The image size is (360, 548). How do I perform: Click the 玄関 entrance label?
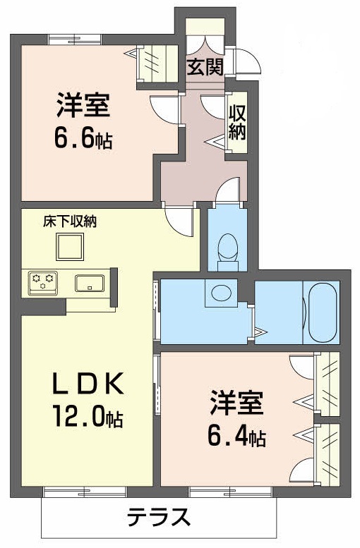[205, 67]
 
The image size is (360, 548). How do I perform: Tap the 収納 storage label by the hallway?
[237, 122]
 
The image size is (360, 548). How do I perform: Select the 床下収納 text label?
[70, 221]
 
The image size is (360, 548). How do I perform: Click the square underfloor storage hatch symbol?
[70, 247]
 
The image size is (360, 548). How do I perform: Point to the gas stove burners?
[43, 281]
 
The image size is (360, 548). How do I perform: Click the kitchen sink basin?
[90, 283]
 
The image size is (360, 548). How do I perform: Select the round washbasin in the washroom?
[221, 292]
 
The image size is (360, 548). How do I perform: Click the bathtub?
[321, 312]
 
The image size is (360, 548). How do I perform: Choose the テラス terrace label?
[159, 517]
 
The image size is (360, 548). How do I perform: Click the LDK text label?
[88, 383]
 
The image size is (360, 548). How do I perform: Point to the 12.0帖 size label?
[88, 416]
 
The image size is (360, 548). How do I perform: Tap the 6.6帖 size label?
[83, 138]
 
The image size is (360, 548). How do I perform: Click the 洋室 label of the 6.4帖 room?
[236, 402]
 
